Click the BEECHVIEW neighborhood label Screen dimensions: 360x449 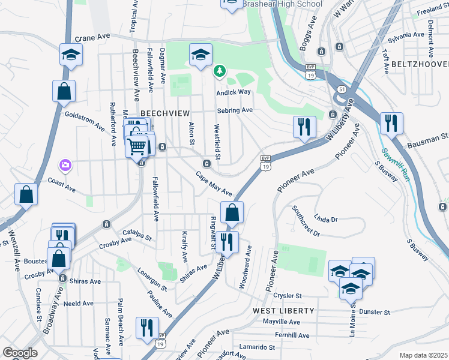[165, 113]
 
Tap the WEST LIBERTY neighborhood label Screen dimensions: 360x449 [283, 311]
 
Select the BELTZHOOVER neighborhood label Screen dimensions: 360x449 [420, 64]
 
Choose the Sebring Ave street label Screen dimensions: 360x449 [235, 110]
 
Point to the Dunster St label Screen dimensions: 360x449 [375, 313]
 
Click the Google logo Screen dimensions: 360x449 [20, 353]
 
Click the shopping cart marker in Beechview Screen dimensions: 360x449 [137, 146]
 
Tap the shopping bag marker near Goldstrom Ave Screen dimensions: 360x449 [64, 91]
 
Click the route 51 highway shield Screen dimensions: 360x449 [341, 89]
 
